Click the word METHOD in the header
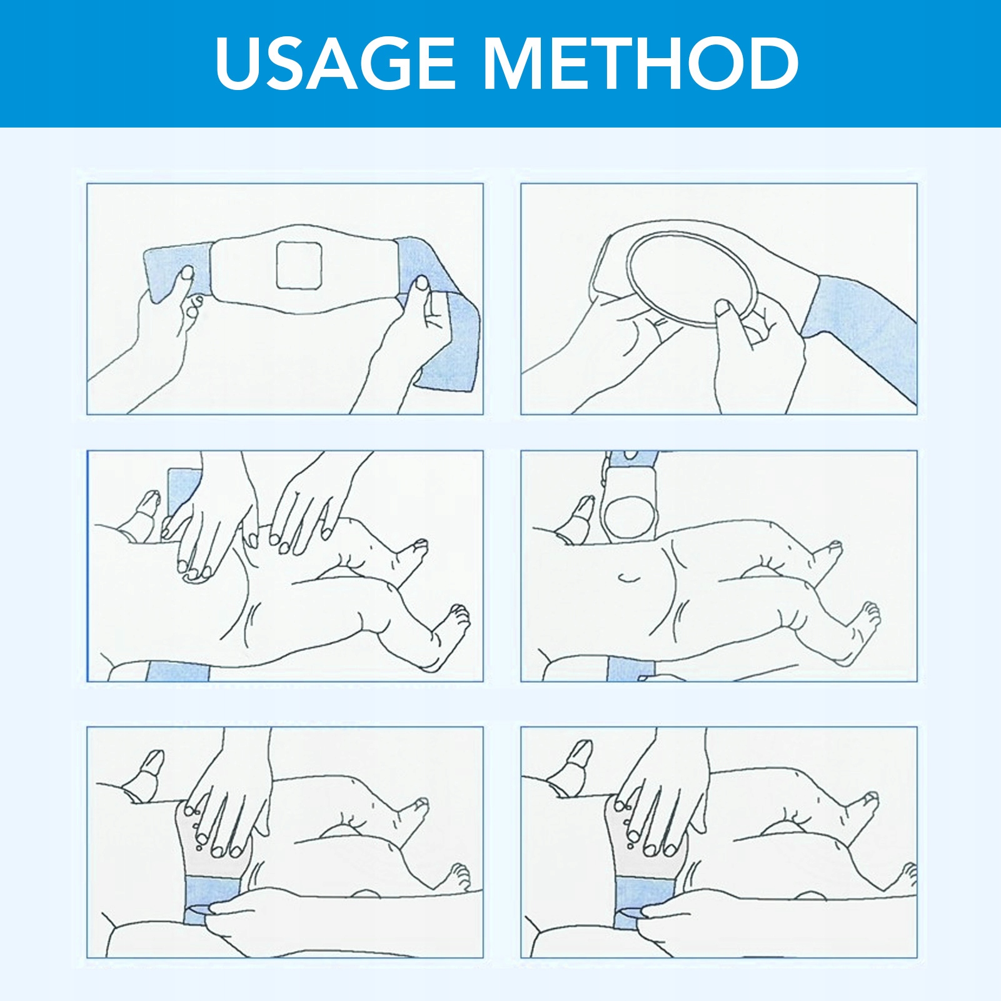(641, 63)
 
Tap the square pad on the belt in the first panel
(299, 265)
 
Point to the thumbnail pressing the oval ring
(724, 308)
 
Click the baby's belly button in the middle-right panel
(630, 577)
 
